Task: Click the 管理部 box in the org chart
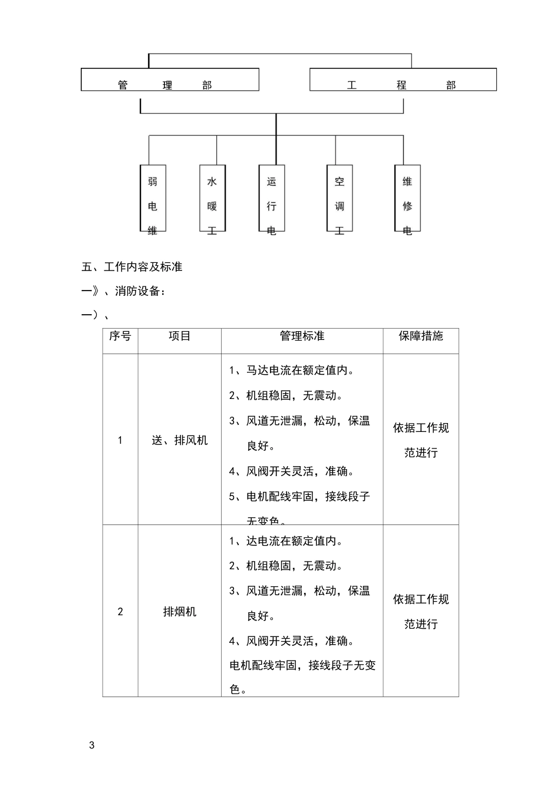tap(170, 80)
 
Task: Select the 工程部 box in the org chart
tap(403, 80)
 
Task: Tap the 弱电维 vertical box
tap(153, 199)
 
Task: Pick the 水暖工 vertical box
tap(212, 199)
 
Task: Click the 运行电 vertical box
tap(272, 199)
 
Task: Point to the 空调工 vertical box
tap(340, 199)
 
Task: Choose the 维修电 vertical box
tap(407, 199)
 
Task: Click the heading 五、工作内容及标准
tap(132, 267)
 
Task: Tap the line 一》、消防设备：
tap(124, 291)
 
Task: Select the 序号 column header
tap(120, 336)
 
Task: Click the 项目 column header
tap(180, 336)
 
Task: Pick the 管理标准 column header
tap(302, 336)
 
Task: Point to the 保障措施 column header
tap(421, 336)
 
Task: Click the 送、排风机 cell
tap(180, 440)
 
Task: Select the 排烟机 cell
tap(180, 612)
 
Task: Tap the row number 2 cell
tap(120, 612)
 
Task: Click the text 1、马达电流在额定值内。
tap(292, 371)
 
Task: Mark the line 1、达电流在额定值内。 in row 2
tap(286, 541)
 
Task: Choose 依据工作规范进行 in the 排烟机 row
tap(421, 612)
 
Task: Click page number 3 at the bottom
tap(91, 745)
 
